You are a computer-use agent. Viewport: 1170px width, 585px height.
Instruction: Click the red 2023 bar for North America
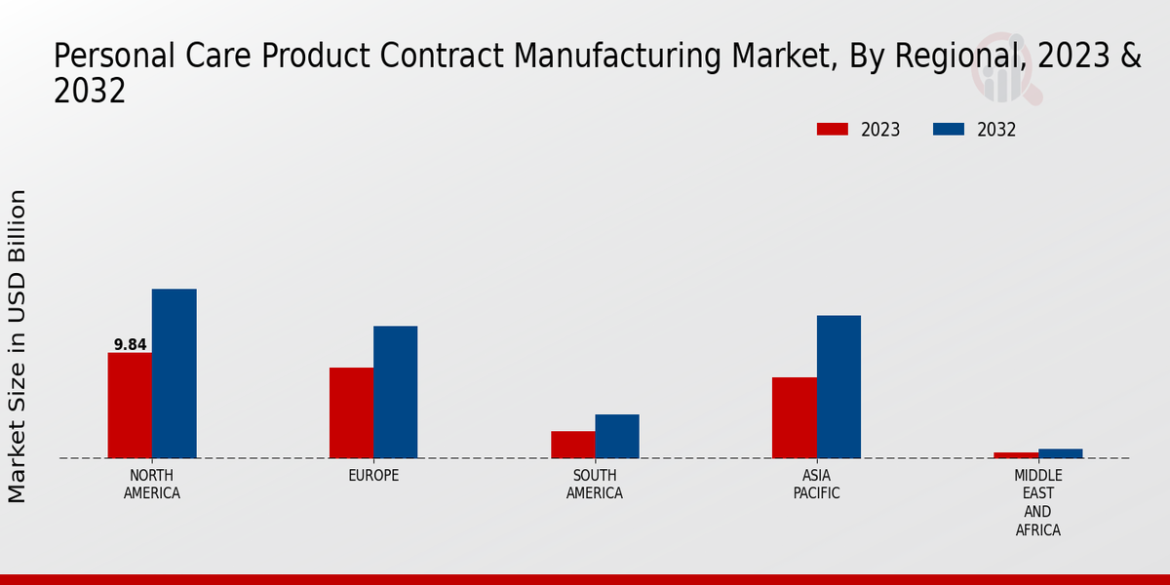click(130, 405)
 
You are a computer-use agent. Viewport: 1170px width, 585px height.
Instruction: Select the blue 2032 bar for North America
click(174, 373)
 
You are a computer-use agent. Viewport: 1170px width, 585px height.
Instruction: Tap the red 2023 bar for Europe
click(351, 412)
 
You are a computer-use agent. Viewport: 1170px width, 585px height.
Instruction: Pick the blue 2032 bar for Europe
click(395, 392)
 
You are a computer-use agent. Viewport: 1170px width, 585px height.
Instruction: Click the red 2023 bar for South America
click(572, 445)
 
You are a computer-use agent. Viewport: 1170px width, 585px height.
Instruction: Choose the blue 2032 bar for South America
click(617, 436)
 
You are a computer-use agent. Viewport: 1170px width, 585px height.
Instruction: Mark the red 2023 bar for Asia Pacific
click(794, 417)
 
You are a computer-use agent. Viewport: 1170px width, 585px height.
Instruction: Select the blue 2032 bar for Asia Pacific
click(838, 386)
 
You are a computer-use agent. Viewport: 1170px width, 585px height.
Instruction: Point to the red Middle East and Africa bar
click(1016, 455)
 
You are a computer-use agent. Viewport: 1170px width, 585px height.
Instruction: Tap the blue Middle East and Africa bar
click(1060, 453)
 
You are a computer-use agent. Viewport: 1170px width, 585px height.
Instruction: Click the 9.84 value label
click(130, 344)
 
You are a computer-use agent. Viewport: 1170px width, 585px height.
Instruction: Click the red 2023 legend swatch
click(833, 130)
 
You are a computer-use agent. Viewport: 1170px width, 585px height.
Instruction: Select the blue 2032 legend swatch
click(949, 130)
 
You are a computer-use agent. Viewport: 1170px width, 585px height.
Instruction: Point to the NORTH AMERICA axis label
click(152, 484)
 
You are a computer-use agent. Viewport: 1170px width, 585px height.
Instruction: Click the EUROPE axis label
click(373, 475)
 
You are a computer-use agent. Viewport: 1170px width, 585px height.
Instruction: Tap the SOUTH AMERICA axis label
click(595, 484)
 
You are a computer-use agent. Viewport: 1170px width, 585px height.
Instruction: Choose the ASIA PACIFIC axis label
click(816, 484)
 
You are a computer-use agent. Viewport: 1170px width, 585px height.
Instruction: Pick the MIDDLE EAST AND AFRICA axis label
click(1037, 502)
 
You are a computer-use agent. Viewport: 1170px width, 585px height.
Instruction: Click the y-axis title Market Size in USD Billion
click(18, 346)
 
